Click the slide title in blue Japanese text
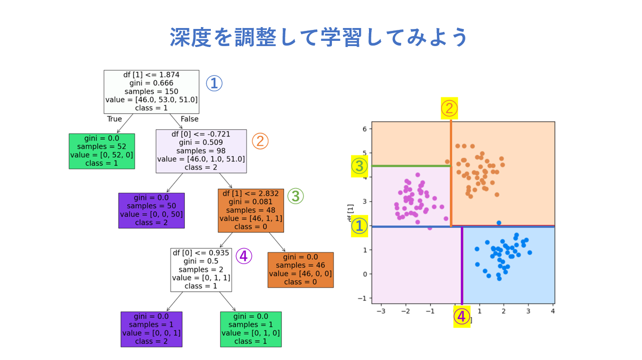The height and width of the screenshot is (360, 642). point(319,37)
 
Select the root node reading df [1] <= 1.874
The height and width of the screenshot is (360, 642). point(151,92)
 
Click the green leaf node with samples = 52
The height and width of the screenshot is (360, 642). point(102,151)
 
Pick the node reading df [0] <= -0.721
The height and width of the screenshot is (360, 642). point(201,151)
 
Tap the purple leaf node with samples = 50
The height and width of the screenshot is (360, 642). point(151,210)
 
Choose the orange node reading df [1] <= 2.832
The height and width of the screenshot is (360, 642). point(251,210)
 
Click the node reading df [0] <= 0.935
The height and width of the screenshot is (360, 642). point(201,270)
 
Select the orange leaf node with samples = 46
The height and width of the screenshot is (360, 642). point(301,270)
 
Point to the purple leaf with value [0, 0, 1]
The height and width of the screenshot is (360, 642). point(151,329)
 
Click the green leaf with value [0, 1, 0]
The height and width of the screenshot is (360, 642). point(251,329)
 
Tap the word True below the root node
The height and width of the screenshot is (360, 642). point(114,119)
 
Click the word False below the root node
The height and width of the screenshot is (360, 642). point(189,119)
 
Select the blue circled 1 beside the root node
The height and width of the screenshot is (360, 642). point(214,84)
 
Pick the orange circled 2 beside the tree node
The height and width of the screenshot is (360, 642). point(260,141)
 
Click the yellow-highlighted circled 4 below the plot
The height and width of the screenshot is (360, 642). point(462,316)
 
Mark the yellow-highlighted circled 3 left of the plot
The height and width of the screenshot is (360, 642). point(359,166)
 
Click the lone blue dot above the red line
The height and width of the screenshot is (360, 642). point(499,223)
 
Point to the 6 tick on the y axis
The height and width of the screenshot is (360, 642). point(365,129)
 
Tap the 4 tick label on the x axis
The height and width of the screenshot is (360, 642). point(553,311)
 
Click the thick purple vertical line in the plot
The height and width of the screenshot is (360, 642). point(462,266)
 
